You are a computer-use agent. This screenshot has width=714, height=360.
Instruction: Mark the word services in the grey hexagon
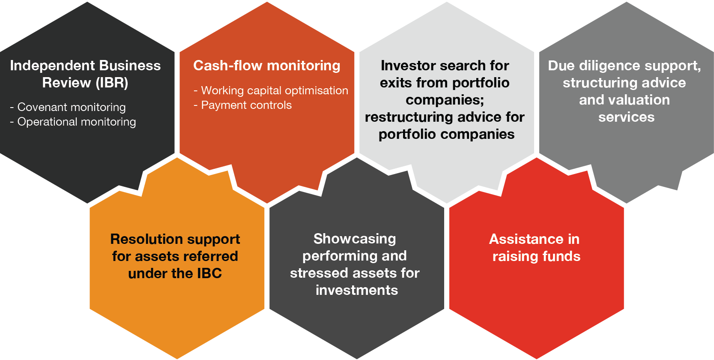[x=626, y=117]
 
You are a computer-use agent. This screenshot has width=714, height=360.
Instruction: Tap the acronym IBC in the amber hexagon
[x=209, y=273]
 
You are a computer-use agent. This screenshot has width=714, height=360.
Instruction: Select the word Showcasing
[x=355, y=239]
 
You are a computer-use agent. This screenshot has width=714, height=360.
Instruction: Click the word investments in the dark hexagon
[x=357, y=290]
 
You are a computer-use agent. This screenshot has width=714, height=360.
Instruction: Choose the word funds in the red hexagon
[x=561, y=256]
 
